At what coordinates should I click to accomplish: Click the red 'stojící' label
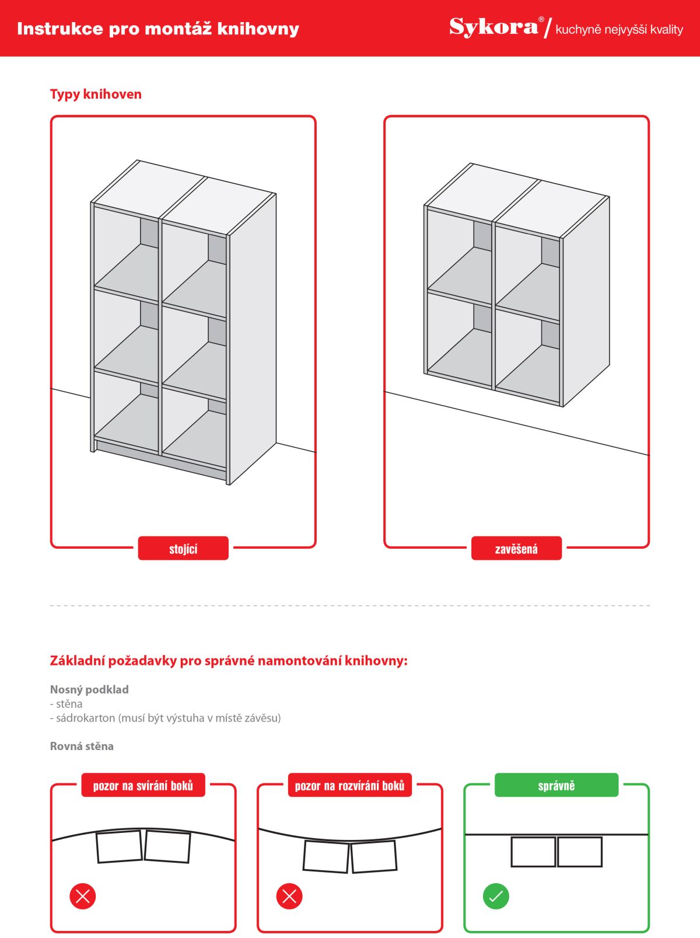click(x=183, y=549)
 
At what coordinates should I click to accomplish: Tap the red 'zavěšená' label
click(x=516, y=549)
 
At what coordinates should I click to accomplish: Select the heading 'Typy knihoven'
click(x=96, y=95)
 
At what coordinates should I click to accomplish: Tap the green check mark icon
click(x=496, y=896)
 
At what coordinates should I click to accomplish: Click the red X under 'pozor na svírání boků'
click(x=82, y=896)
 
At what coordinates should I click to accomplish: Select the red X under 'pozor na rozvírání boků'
click(x=289, y=896)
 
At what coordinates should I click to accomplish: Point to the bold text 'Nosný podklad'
click(x=89, y=690)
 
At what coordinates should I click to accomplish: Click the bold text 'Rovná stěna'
click(x=82, y=747)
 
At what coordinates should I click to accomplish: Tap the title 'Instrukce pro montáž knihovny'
click(x=158, y=29)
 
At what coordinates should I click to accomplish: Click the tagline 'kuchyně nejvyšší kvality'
click(x=619, y=30)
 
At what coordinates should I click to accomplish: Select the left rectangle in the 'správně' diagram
click(x=533, y=852)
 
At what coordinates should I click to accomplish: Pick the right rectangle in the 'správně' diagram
click(x=580, y=852)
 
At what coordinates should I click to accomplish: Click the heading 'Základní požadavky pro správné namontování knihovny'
click(x=229, y=661)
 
